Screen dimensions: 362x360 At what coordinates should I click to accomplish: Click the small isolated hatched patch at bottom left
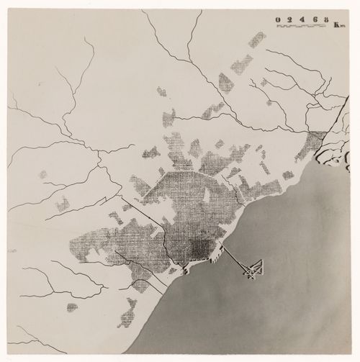pos(72,307)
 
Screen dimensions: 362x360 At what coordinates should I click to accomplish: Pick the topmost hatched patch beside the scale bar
pos(257,39)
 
